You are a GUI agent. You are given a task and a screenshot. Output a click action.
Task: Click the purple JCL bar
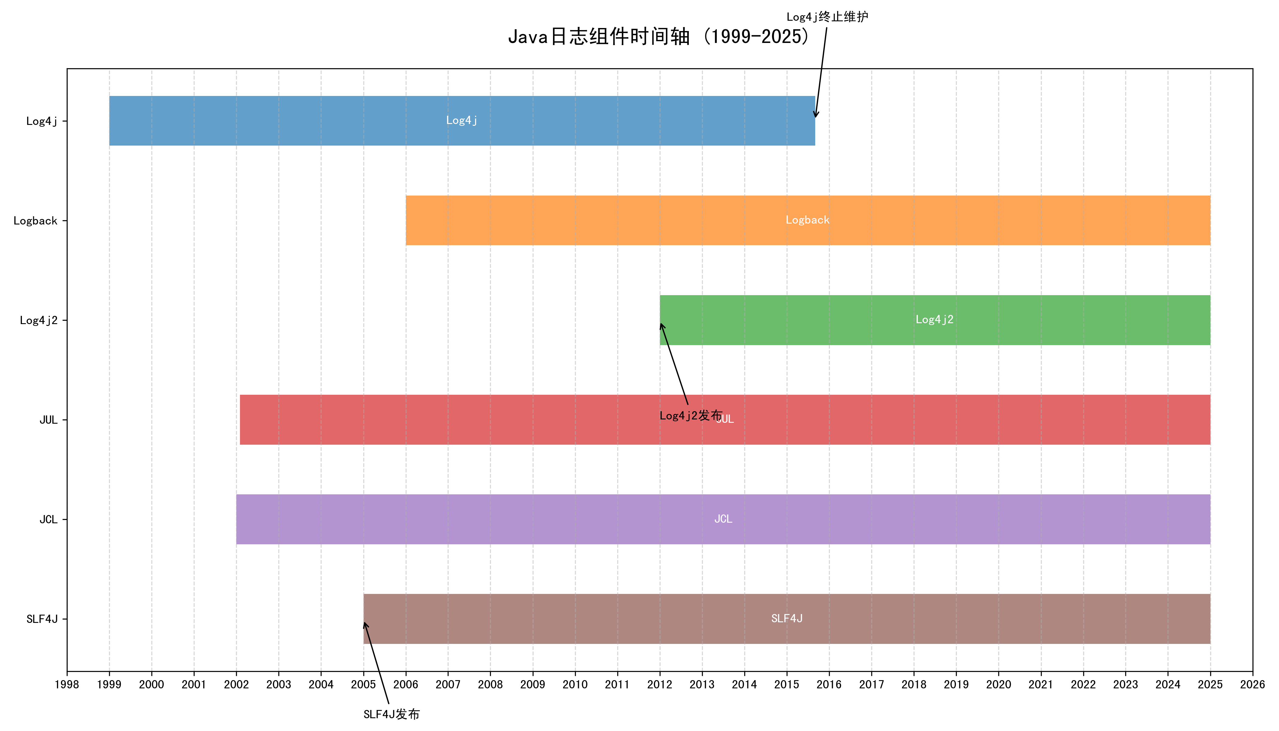(x=502, y=519)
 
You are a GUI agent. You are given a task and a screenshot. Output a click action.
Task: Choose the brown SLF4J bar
(x=602, y=619)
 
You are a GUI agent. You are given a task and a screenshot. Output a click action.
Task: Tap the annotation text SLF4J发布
(x=392, y=714)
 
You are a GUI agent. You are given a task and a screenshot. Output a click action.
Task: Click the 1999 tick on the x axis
(x=109, y=684)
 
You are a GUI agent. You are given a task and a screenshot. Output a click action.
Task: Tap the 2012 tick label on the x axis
(x=660, y=684)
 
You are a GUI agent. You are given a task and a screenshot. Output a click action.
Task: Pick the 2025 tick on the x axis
(x=1210, y=684)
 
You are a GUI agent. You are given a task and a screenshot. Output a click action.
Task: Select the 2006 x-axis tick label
(x=406, y=684)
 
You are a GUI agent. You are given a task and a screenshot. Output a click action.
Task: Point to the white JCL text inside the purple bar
(x=723, y=519)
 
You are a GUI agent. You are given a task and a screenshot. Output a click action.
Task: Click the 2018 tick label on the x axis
(x=914, y=684)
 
